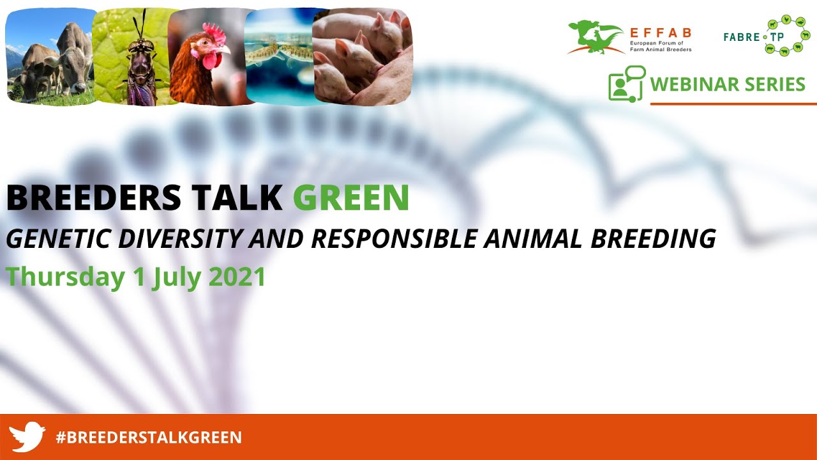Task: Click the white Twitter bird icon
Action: tap(27, 437)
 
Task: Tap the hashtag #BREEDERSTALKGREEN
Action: tap(149, 438)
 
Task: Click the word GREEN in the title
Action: tap(351, 198)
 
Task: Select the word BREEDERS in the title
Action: tap(94, 198)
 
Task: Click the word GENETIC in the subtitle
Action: tap(57, 238)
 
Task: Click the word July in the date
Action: tap(176, 278)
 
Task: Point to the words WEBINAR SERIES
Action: tap(728, 84)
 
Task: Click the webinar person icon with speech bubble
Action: tap(626, 83)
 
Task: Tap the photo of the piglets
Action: tap(362, 56)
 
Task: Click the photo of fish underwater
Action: tap(279, 56)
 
